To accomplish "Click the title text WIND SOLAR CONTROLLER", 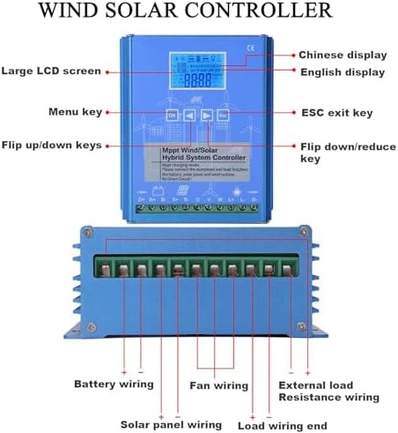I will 199,11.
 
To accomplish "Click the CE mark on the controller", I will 250,48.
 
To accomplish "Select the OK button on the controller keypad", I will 172,116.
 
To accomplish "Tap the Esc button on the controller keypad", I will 224,116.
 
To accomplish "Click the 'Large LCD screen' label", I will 51,71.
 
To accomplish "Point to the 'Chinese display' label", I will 339,54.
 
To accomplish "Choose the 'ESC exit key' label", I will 335,113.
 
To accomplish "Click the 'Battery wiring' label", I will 114,384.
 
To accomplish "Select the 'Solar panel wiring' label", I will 171,424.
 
